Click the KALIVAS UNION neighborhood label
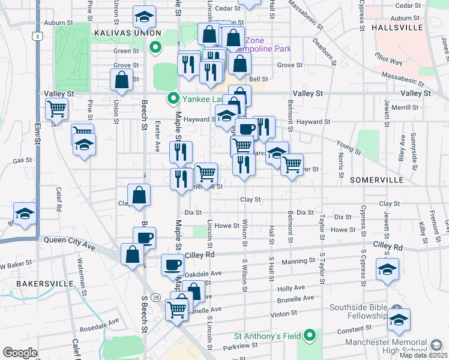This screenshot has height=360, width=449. [127, 32]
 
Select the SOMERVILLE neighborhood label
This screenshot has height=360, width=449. [377, 180]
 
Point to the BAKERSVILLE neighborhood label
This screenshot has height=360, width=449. [40, 283]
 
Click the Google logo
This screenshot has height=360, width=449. [20, 353]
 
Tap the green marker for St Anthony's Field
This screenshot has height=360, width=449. [310, 335]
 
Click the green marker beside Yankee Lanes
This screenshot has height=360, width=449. [173, 97]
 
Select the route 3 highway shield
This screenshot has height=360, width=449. [38, 37]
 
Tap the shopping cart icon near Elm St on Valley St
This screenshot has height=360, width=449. [56, 109]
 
